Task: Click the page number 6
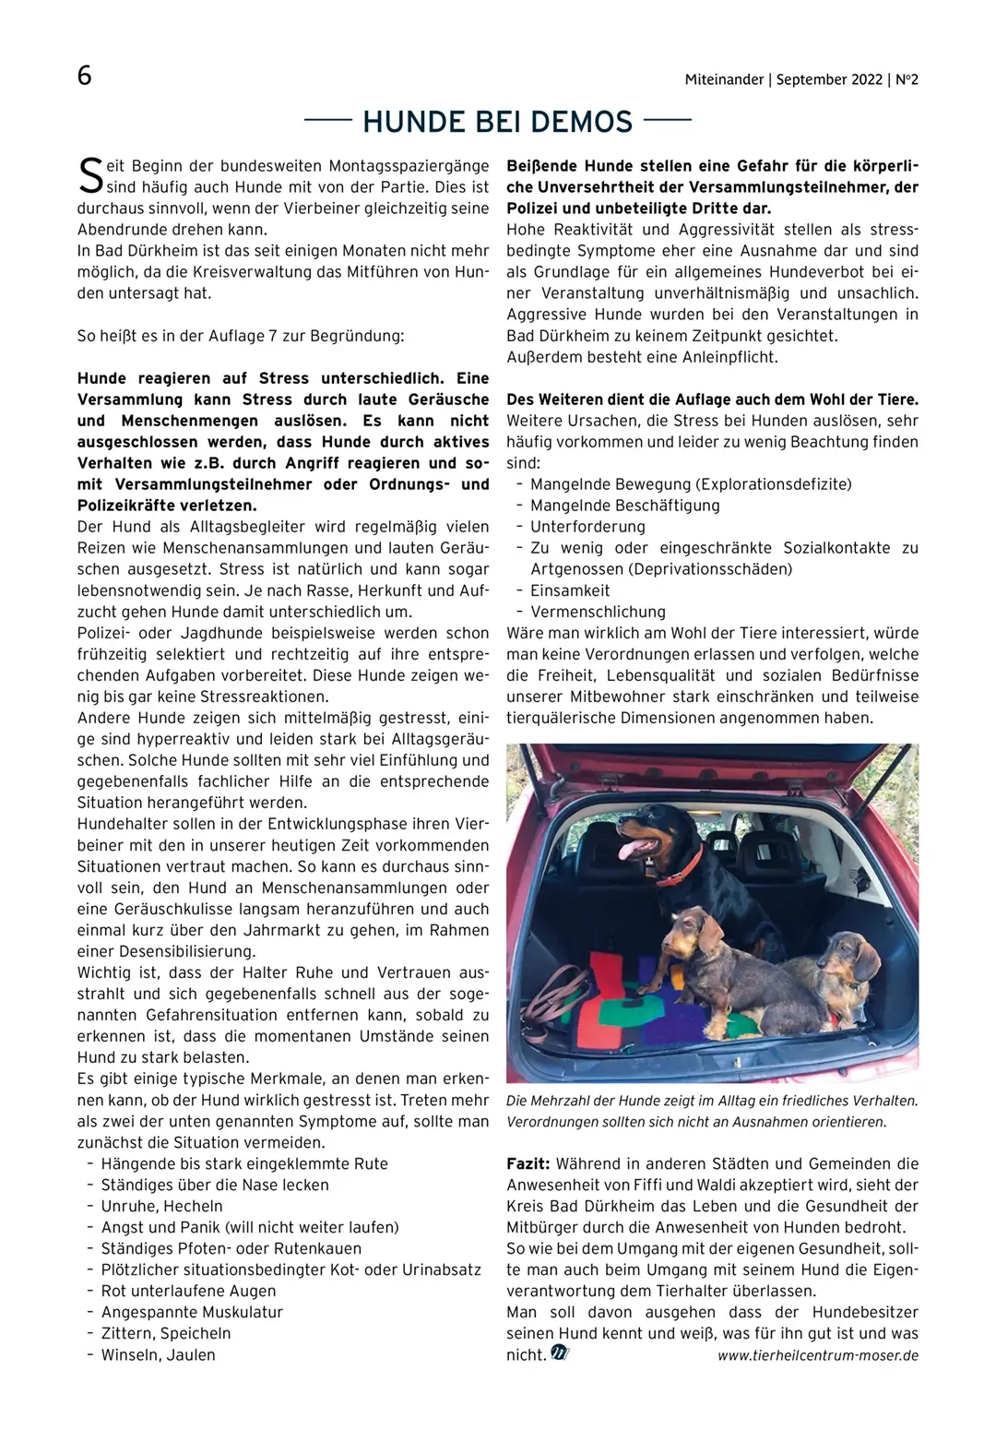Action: click(x=84, y=76)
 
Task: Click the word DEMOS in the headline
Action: click(x=579, y=122)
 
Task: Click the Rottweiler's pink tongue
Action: click(x=631, y=849)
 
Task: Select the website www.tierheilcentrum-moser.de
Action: click(x=817, y=1355)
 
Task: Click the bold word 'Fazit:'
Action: click(x=528, y=1164)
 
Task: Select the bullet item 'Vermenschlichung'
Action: click(x=598, y=612)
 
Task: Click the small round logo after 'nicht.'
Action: click(x=560, y=1353)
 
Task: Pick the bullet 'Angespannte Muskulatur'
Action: click(x=192, y=1313)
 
